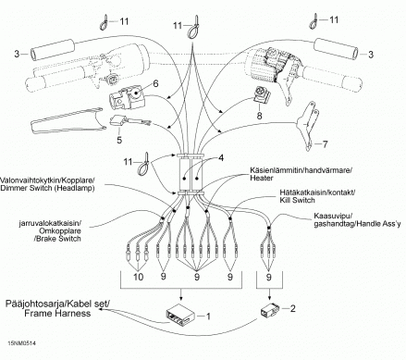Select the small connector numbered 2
point(270,309)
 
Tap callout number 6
point(155,83)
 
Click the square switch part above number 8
point(261,95)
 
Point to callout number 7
point(325,143)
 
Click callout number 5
point(119,140)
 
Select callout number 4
point(221,158)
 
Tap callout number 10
point(139,277)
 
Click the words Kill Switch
point(297,200)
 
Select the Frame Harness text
point(57,314)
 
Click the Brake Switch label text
point(57,239)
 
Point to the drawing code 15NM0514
point(21,343)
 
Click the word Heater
point(262,178)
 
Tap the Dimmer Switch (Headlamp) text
point(47,188)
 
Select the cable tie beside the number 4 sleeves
point(144,164)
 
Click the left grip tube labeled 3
point(53,49)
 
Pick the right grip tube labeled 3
point(336,49)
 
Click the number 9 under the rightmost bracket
point(269,277)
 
